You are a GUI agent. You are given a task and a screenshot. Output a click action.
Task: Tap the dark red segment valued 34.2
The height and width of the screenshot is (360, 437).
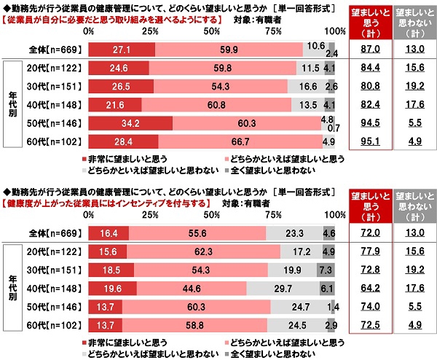click(x=130, y=122)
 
